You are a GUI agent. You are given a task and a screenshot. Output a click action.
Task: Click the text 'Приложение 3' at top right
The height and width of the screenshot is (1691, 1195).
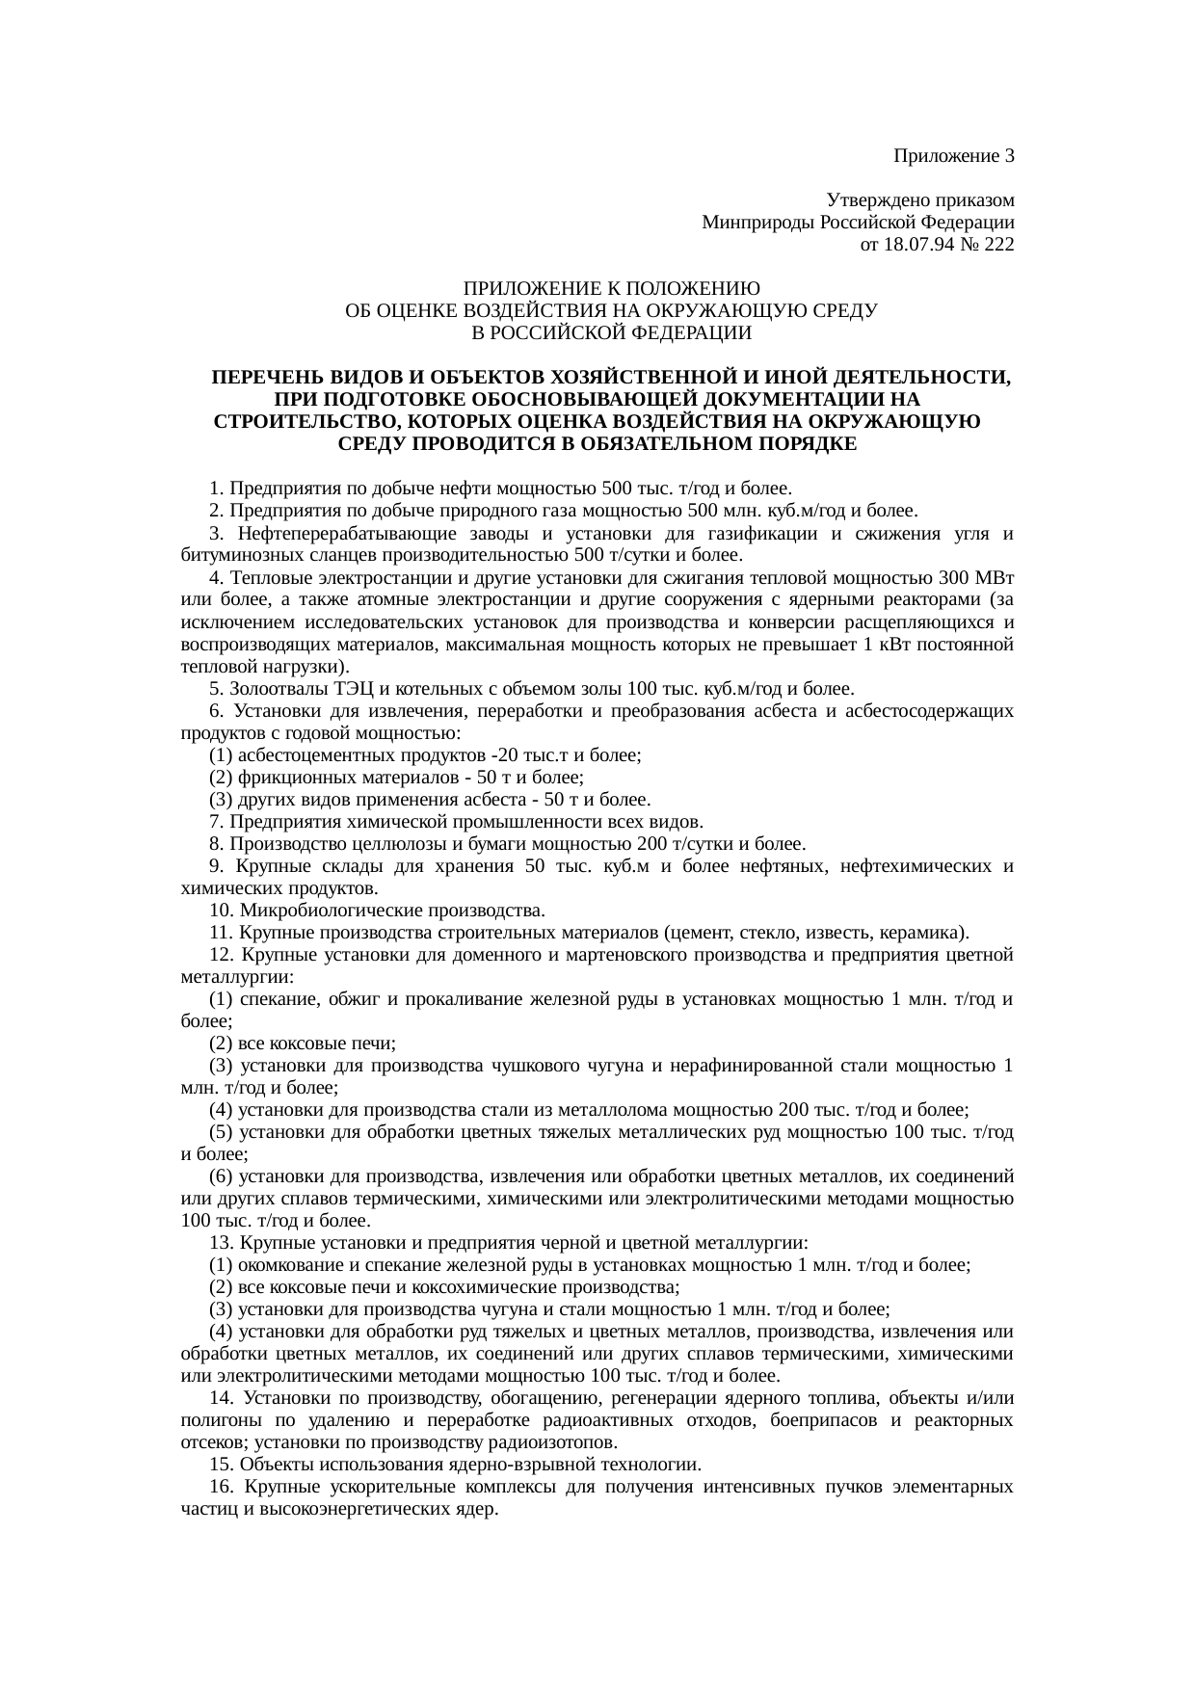coord(953,156)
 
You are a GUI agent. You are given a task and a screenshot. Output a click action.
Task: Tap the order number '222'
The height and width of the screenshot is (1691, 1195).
coord(998,245)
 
